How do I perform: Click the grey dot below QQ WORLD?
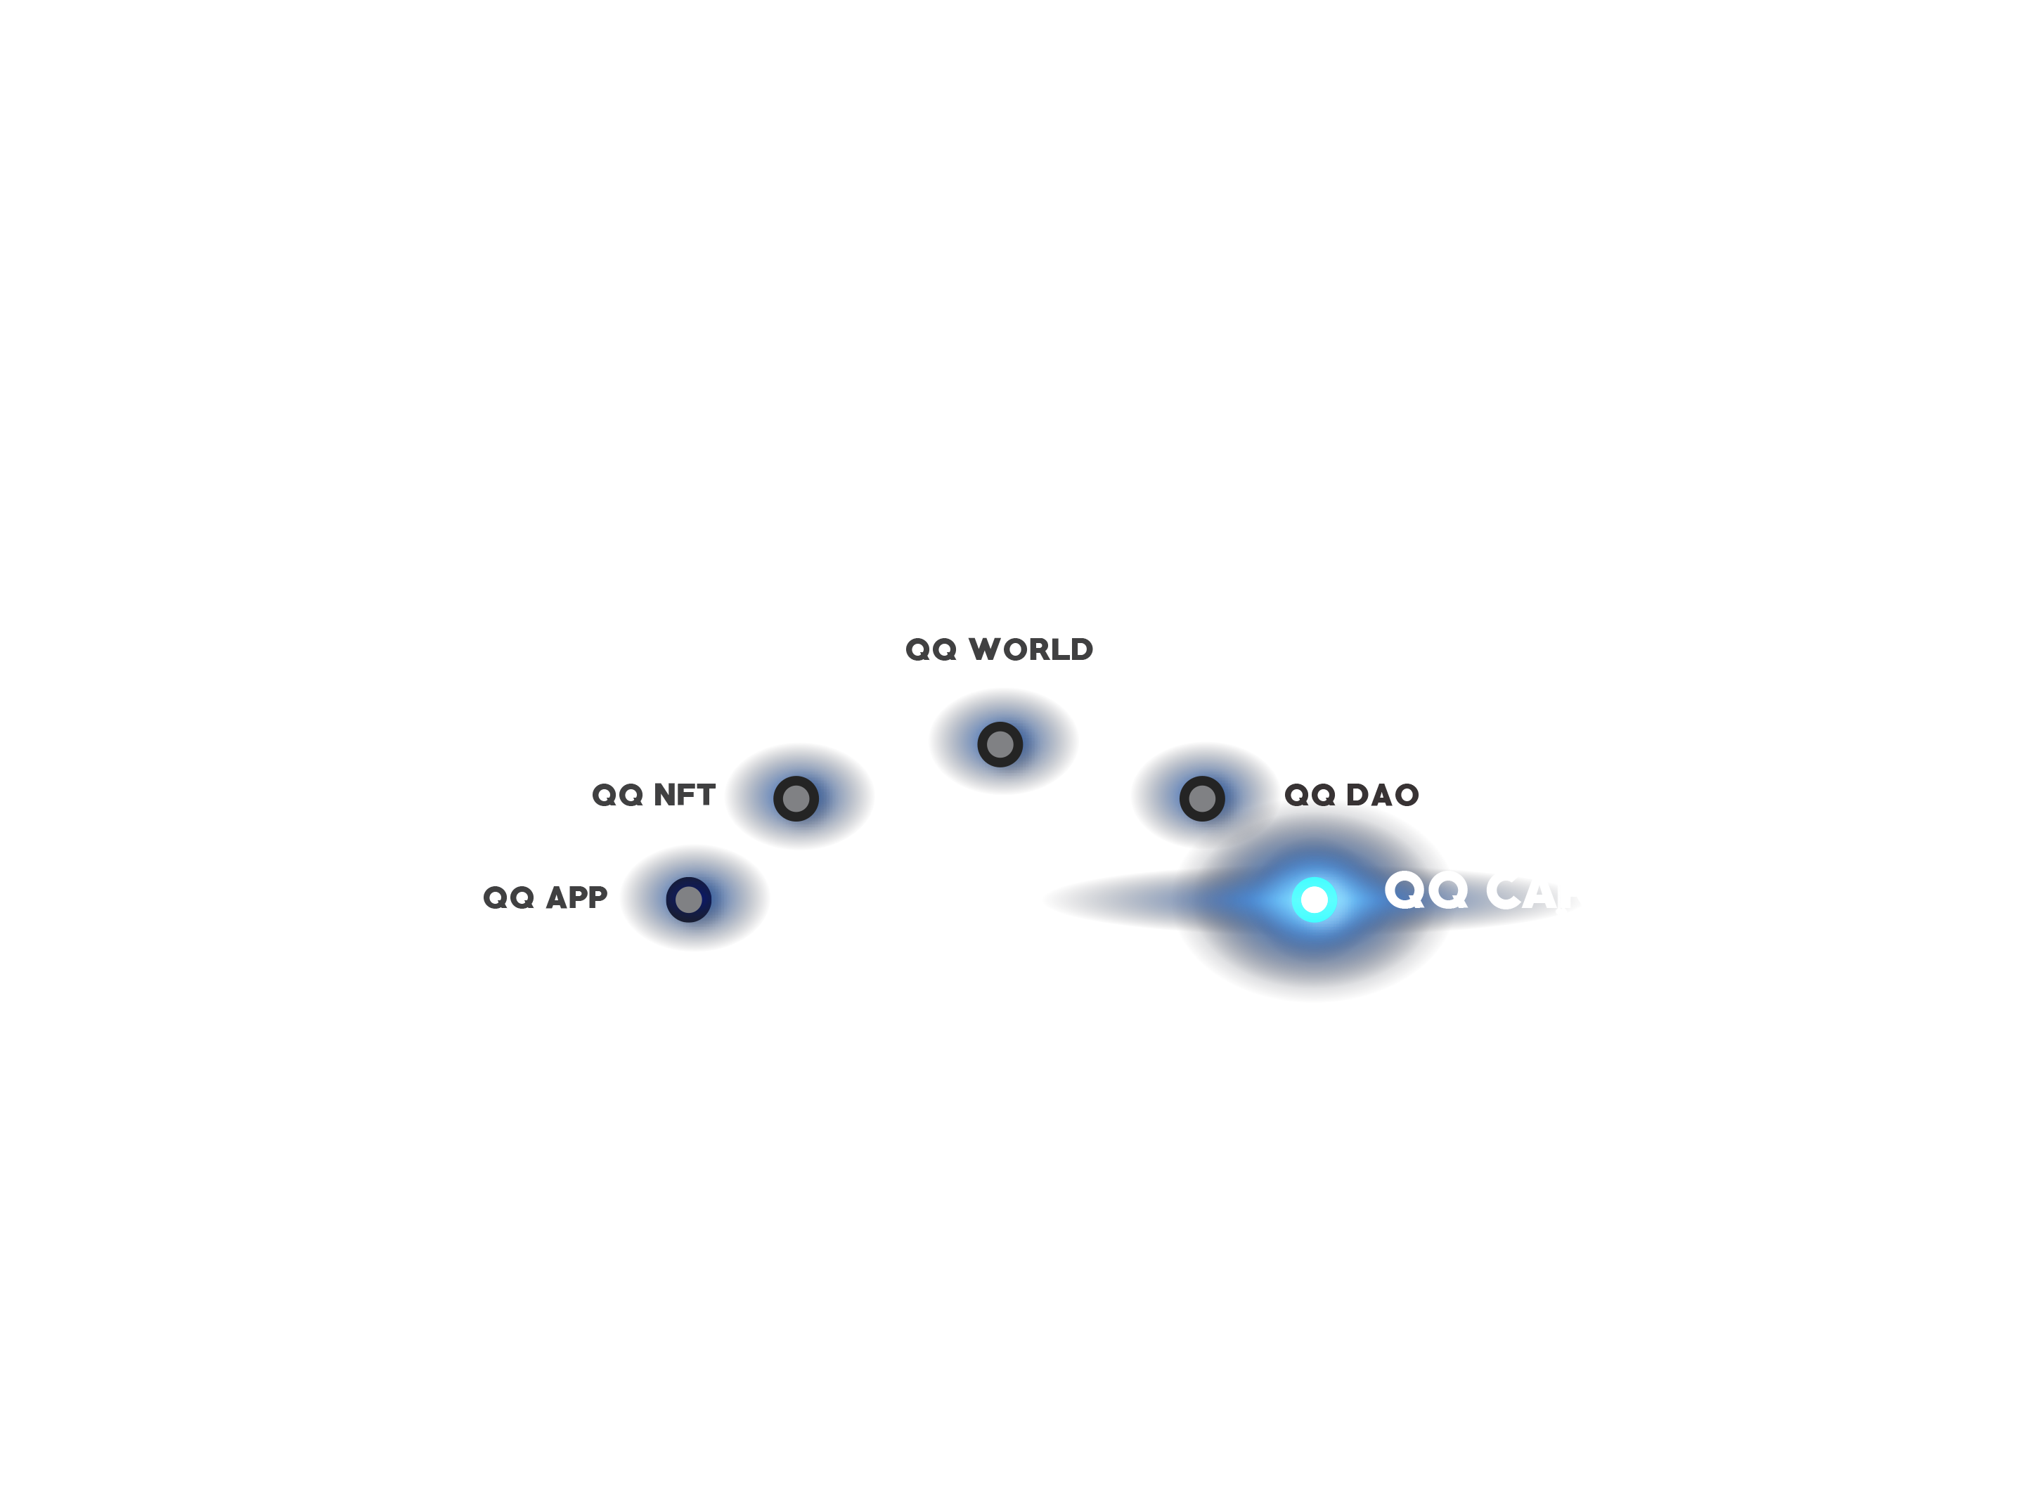(1000, 744)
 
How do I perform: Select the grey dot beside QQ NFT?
(796, 798)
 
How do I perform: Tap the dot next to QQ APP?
(688, 900)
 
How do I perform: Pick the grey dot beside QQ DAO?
(1201, 798)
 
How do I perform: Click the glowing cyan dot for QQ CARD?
(1314, 900)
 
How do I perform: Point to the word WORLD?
(1031, 649)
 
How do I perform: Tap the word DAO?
(1382, 796)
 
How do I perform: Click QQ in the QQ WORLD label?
(931, 649)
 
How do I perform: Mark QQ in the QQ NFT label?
(618, 796)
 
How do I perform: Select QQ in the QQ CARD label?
(1426, 890)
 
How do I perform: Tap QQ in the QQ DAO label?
(1310, 796)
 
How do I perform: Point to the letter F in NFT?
(686, 796)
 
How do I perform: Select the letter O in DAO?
(1405, 796)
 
